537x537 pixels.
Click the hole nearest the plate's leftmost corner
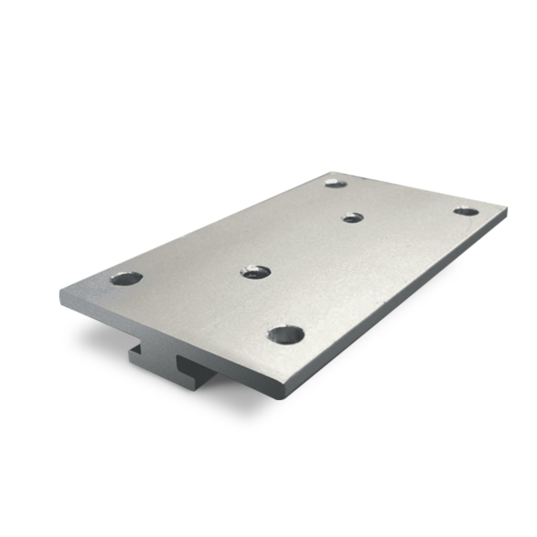pyautogui.click(x=126, y=278)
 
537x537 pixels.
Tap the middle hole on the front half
pyautogui.click(x=255, y=272)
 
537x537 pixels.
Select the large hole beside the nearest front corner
pyautogui.click(x=286, y=335)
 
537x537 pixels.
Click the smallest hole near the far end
pyautogui.click(x=353, y=217)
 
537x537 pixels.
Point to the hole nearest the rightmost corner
pyautogui.click(x=466, y=211)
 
